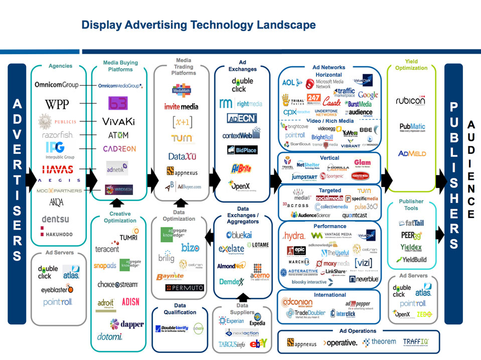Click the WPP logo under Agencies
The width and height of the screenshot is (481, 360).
57,104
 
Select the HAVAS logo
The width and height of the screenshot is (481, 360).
58,169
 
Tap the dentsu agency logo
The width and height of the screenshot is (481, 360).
56,219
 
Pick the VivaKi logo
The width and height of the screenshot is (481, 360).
118,122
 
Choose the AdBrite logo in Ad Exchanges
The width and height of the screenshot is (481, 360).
242,168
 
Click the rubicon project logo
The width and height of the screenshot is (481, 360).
411,101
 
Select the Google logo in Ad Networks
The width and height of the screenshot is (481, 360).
368,95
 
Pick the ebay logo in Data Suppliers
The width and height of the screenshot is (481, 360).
258,343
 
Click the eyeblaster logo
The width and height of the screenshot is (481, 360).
57,289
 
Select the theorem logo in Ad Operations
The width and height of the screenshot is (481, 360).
380,342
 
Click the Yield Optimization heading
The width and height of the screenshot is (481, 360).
411,65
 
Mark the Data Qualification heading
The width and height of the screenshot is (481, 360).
180,309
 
